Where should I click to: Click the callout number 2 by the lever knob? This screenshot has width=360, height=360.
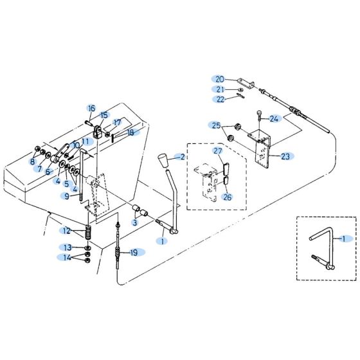[x=182, y=157]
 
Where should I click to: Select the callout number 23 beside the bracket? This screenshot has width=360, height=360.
[x=285, y=156]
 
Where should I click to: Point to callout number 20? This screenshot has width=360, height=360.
[x=219, y=79]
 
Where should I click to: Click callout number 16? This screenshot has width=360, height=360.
[x=91, y=108]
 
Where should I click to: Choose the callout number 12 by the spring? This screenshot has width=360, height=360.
[x=67, y=230]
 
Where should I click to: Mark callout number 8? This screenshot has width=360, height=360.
[x=32, y=162]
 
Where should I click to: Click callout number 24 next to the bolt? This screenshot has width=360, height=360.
[x=274, y=119]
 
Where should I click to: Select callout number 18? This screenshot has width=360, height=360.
[x=130, y=133]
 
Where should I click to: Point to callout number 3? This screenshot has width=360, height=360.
[x=135, y=222]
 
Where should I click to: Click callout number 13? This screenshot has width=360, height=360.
[x=67, y=248]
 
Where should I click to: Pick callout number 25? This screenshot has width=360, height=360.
[x=216, y=125]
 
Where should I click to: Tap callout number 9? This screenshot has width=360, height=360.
[x=67, y=195]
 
